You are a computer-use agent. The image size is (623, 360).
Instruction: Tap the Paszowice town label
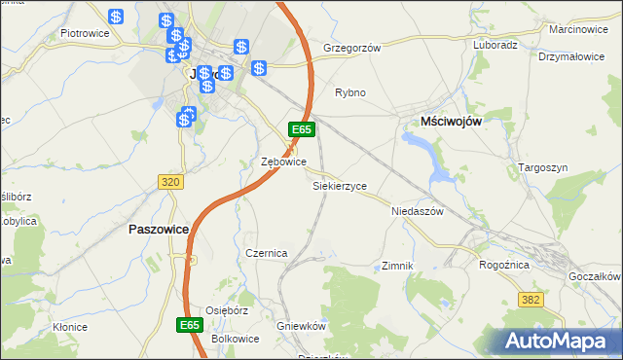coord(157,229)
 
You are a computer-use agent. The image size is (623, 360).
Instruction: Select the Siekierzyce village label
coord(339,185)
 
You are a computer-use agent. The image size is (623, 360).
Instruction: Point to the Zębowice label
coord(284,162)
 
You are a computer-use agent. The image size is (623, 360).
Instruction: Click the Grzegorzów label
coord(351,47)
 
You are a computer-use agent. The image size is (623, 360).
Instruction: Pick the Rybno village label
coord(349,92)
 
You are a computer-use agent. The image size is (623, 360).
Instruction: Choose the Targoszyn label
coord(542,167)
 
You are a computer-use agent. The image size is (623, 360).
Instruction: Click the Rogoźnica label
coord(504,264)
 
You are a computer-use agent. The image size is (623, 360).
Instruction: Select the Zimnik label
coord(398,266)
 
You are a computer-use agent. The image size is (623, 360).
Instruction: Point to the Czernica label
coord(266,253)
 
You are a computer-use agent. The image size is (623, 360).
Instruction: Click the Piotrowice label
coord(84,32)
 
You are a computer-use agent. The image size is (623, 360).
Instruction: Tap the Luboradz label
coord(495,45)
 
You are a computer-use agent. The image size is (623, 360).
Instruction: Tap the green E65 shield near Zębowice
coord(301,129)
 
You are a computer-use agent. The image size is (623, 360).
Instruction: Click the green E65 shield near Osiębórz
coord(191,324)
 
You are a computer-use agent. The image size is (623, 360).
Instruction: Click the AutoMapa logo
coord(559,341)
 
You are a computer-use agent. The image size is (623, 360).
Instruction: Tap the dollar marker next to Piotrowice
coord(116,17)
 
